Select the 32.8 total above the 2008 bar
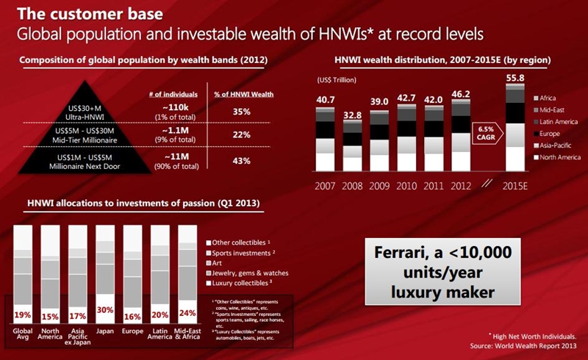[x=353, y=115]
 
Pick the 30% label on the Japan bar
[x=105, y=310]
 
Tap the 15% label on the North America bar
[x=50, y=316]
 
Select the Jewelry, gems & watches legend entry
[x=250, y=272]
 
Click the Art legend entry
[x=221, y=262]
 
